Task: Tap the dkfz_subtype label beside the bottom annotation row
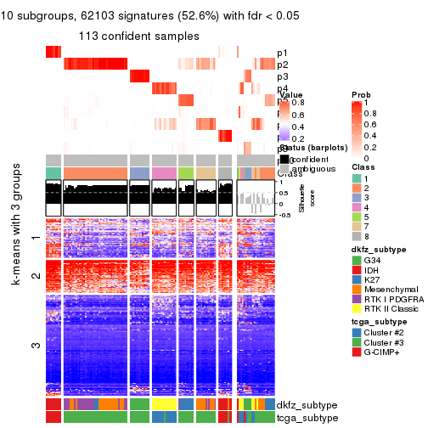(x=300, y=405)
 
